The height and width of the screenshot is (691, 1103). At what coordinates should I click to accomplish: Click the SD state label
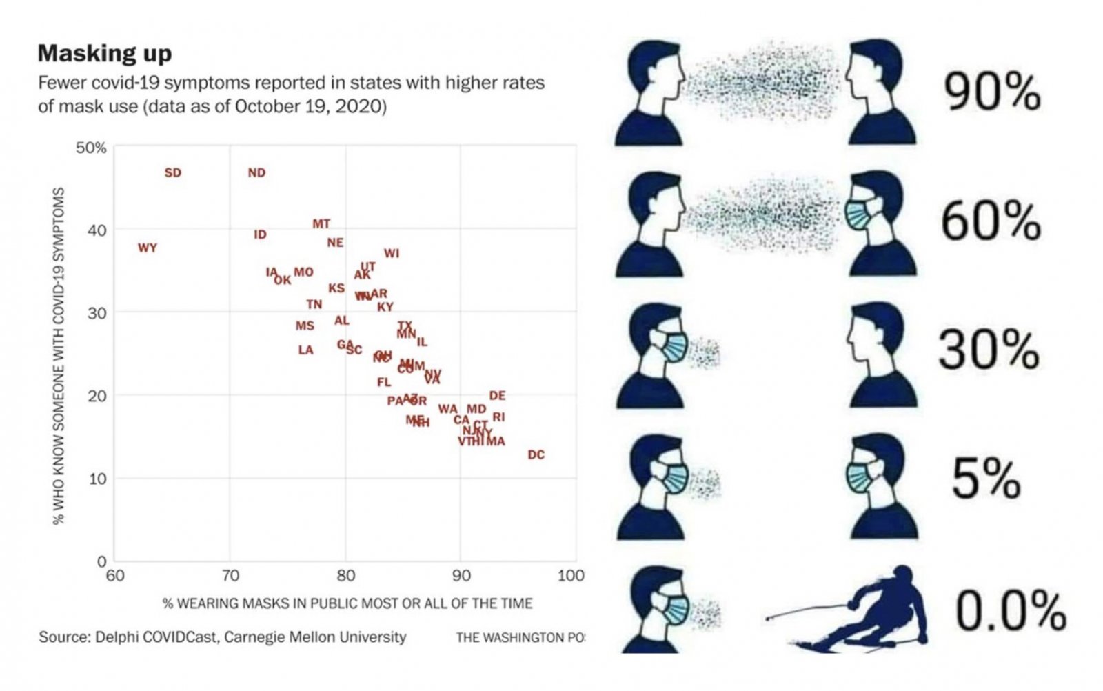tap(172, 172)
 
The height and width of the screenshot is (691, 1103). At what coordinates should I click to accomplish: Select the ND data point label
tap(256, 172)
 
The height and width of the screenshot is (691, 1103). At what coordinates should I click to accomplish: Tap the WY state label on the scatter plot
tap(148, 248)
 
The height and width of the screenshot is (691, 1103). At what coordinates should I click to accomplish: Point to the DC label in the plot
tap(536, 454)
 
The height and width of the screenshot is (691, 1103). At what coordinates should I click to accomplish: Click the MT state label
tap(321, 223)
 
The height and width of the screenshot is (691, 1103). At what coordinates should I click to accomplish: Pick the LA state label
tap(305, 350)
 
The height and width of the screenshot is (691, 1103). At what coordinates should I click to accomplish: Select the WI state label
tap(392, 253)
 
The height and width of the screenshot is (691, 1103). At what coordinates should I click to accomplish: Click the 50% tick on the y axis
tap(91, 148)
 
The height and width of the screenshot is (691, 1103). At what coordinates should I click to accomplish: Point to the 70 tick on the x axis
tap(230, 576)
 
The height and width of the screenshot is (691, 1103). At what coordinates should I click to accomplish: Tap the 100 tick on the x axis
tap(571, 576)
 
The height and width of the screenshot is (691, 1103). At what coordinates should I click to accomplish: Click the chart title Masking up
tap(105, 53)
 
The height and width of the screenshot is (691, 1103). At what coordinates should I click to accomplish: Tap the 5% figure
tap(986, 479)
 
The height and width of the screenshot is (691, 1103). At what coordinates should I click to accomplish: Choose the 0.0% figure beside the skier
tap(1010, 610)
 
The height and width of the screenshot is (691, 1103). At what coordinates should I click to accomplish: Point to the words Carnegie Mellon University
tap(315, 637)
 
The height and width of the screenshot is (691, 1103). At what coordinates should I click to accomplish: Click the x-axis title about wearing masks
tap(347, 603)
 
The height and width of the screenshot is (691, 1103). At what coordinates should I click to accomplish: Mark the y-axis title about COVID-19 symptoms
tap(59, 355)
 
